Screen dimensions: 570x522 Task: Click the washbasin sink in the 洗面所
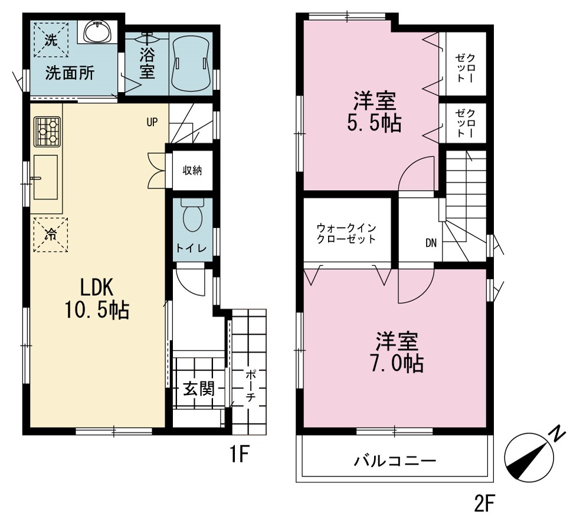tap(98, 32)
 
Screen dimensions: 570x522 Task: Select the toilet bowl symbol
tap(192, 216)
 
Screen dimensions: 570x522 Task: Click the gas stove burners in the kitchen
tap(47, 132)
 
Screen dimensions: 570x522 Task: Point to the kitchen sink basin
tap(45, 177)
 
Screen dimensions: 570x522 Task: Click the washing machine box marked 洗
tap(51, 40)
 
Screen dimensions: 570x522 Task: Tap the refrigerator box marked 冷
tap(51, 234)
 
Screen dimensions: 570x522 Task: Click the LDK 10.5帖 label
tap(97, 298)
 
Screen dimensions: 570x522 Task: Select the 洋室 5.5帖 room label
tap(375, 112)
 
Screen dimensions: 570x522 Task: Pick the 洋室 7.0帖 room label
tap(397, 351)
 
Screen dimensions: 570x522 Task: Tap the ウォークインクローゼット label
tap(346, 233)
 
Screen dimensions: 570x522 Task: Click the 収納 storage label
tap(192, 170)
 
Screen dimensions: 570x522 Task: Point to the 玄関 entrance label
tap(199, 389)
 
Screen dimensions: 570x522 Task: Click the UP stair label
tap(152, 122)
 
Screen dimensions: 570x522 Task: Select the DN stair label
tap(431, 243)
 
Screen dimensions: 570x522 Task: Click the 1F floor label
tap(239, 454)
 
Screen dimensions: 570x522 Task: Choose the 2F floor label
tap(483, 504)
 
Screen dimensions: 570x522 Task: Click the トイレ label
tap(192, 249)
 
